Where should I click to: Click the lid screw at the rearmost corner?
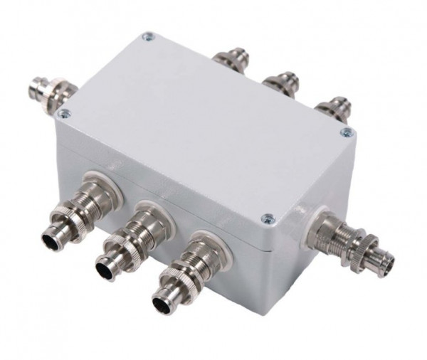point(147,36)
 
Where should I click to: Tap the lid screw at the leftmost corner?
point(65,113)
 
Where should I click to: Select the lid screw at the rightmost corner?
point(347,132)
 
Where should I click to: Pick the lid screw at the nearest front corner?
point(266,218)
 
